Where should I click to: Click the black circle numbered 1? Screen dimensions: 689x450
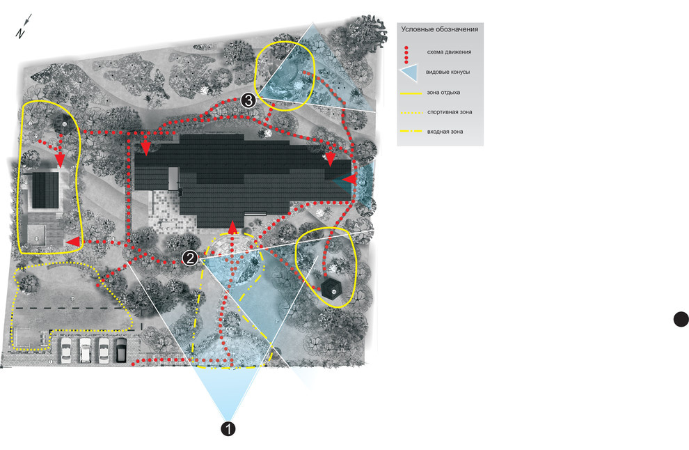pos(228,428)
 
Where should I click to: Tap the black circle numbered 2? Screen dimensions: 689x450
pos(190,258)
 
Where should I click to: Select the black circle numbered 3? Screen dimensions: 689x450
pos(248,100)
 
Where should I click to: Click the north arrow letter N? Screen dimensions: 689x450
pos(20,34)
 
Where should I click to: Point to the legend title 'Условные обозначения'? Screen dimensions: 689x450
pos(439,29)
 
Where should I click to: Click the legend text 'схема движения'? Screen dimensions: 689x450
pos(449,52)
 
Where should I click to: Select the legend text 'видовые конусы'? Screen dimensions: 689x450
pos(448,72)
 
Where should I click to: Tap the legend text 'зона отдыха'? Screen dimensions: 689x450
pos(443,93)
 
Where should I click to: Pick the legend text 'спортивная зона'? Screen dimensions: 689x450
pos(450,112)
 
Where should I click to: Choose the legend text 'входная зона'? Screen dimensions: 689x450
pos(445,132)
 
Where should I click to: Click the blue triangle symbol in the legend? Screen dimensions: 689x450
pos(409,72)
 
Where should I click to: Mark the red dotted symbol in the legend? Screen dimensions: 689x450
pos(406,54)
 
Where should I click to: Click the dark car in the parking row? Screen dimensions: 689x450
pos(122,350)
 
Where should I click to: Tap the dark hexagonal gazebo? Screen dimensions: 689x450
pos(332,288)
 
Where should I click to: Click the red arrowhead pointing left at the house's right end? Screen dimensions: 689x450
pos(349,179)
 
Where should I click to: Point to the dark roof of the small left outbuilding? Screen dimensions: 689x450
pos(45,189)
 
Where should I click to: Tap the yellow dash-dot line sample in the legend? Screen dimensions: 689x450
pos(411,132)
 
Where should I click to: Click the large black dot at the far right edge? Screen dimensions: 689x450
pos(681,319)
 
